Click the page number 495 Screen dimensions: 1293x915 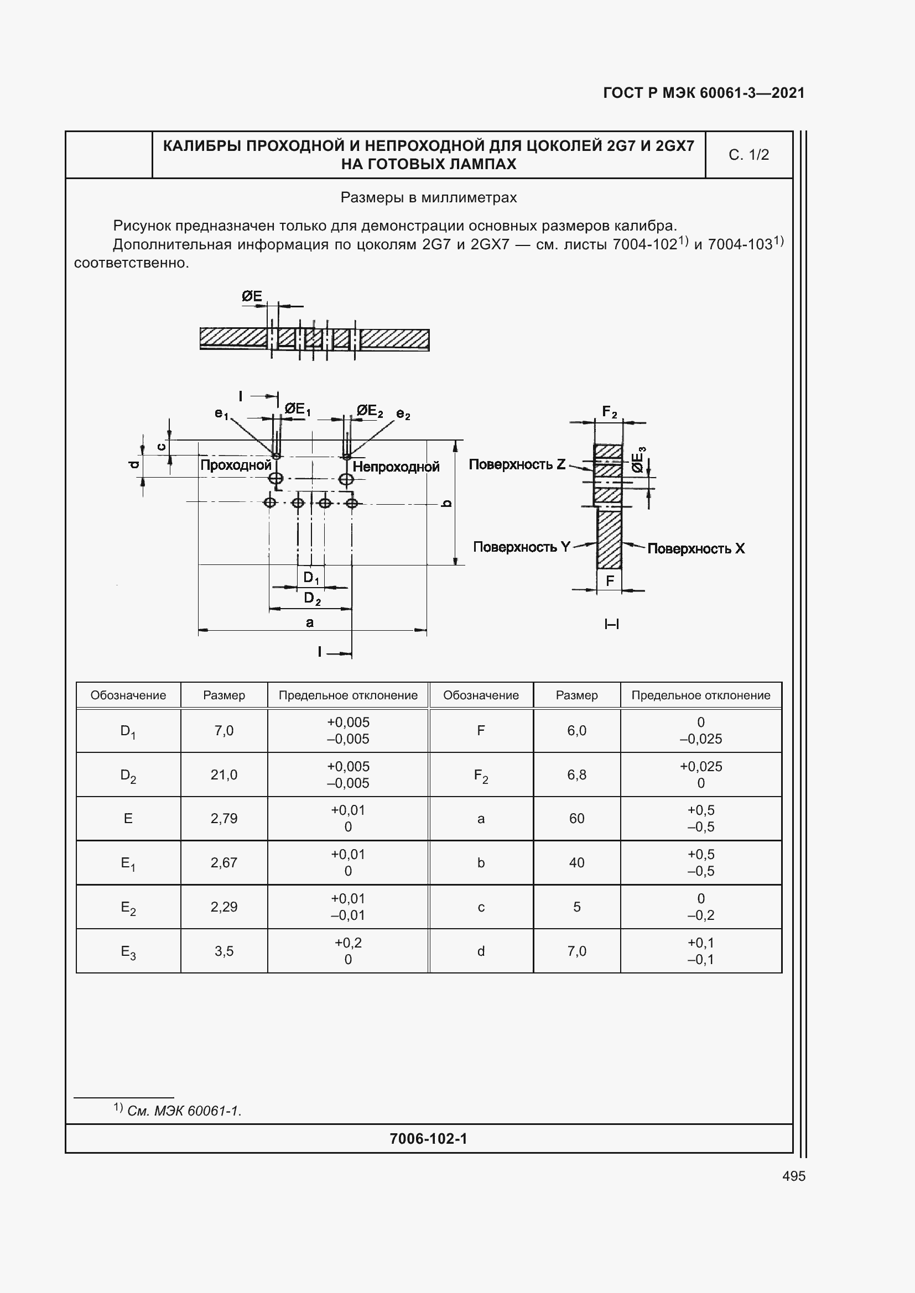coord(793,1176)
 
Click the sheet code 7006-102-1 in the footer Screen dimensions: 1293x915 coord(428,1139)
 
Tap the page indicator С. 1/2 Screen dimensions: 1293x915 coord(748,155)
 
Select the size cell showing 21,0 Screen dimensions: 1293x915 coord(223,774)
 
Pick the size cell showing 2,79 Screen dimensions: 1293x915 coord(223,818)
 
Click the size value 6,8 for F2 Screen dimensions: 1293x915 coord(576,774)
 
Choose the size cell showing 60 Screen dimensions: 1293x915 coord(576,818)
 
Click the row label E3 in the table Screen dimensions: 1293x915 coord(128,952)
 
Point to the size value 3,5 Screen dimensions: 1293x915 coord(223,951)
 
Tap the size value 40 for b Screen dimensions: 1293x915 coord(576,863)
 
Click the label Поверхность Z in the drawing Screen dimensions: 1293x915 coord(517,464)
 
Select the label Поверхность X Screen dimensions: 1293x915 coord(696,548)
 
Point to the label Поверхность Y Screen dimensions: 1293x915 coord(521,547)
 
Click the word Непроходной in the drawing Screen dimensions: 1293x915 coord(396,467)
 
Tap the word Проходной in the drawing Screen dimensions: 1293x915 coord(236,465)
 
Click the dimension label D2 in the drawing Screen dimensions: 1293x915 coord(311,598)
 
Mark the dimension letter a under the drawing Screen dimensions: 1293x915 coord(309,622)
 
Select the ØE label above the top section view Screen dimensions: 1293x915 coord(252,296)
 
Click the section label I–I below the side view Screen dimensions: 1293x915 coord(611,624)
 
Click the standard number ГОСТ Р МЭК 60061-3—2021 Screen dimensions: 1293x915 coord(704,93)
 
